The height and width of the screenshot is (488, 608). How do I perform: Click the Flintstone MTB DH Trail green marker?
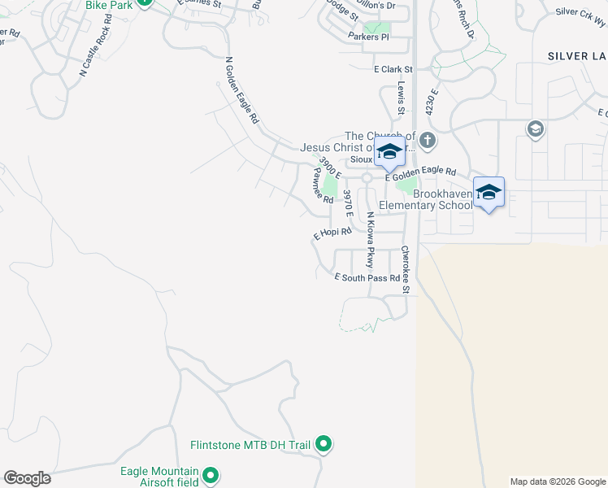click(324, 444)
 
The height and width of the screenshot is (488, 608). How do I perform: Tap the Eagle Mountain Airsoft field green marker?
click(211, 474)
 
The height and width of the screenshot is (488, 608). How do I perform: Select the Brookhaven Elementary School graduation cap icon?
click(489, 193)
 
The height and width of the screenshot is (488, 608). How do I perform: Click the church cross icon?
click(428, 142)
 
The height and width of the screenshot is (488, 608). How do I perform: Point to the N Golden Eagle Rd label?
click(241, 90)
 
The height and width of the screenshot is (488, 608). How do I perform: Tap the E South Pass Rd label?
click(368, 277)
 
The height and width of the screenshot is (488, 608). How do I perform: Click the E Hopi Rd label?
click(332, 233)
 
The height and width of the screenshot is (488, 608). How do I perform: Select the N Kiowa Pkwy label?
click(369, 240)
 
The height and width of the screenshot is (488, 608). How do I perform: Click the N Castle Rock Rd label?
click(95, 46)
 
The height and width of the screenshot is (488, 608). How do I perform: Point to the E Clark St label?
click(393, 70)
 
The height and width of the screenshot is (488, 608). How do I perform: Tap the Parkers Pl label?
click(368, 37)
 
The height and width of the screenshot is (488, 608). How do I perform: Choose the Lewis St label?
click(401, 98)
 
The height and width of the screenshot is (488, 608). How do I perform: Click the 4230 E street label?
click(431, 100)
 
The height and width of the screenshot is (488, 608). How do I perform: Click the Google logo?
click(27, 478)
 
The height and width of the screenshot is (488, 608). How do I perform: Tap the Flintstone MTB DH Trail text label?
click(251, 445)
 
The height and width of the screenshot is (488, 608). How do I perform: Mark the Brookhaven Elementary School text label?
click(442, 199)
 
